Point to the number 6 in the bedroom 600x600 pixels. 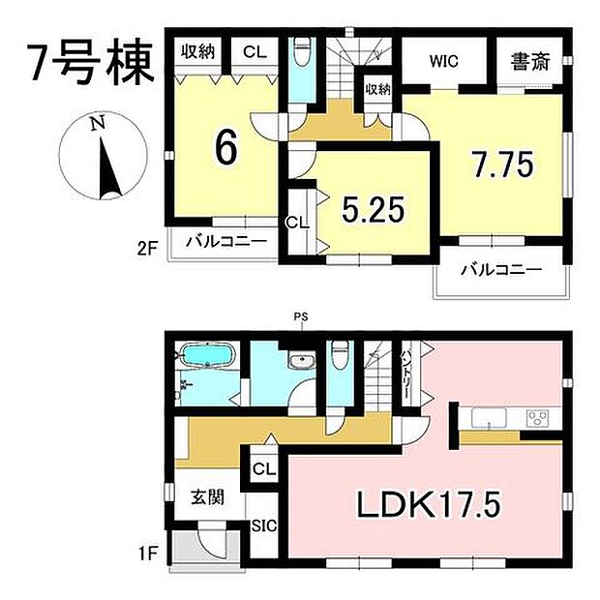click(x=226, y=147)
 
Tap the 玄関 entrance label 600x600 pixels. click(x=207, y=499)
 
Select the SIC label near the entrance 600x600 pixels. click(x=263, y=527)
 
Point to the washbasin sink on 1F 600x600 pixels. click(x=301, y=363)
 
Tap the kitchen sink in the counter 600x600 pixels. click(x=488, y=419)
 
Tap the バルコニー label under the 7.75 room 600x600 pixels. click(x=500, y=269)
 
